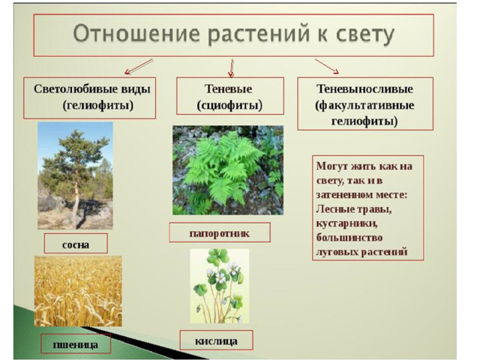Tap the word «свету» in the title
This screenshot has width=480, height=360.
click(x=365, y=34)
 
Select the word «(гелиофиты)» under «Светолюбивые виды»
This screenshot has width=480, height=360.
click(x=98, y=105)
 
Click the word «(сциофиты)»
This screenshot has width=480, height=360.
click(x=229, y=105)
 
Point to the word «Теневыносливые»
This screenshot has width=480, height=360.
click(x=364, y=88)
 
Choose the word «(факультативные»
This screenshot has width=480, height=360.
click(x=364, y=105)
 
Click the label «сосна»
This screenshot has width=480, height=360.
click(x=76, y=244)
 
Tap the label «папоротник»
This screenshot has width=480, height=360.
click(x=220, y=233)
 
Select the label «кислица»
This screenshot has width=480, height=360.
click(x=216, y=340)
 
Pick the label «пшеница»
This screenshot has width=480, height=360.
click(x=76, y=345)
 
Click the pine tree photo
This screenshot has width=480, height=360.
click(x=75, y=175)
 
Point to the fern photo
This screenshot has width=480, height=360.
click(x=228, y=170)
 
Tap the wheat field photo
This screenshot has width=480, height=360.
click(x=78, y=291)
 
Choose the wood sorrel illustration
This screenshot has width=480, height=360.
click(x=220, y=286)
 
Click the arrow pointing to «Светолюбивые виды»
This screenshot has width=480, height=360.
click(x=139, y=67)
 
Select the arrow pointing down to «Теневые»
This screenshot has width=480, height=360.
click(x=232, y=68)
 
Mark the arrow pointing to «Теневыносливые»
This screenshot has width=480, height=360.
click(x=327, y=67)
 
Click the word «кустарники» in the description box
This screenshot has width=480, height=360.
click(x=346, y=223)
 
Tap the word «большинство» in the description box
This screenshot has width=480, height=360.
click(x=349, y=238)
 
